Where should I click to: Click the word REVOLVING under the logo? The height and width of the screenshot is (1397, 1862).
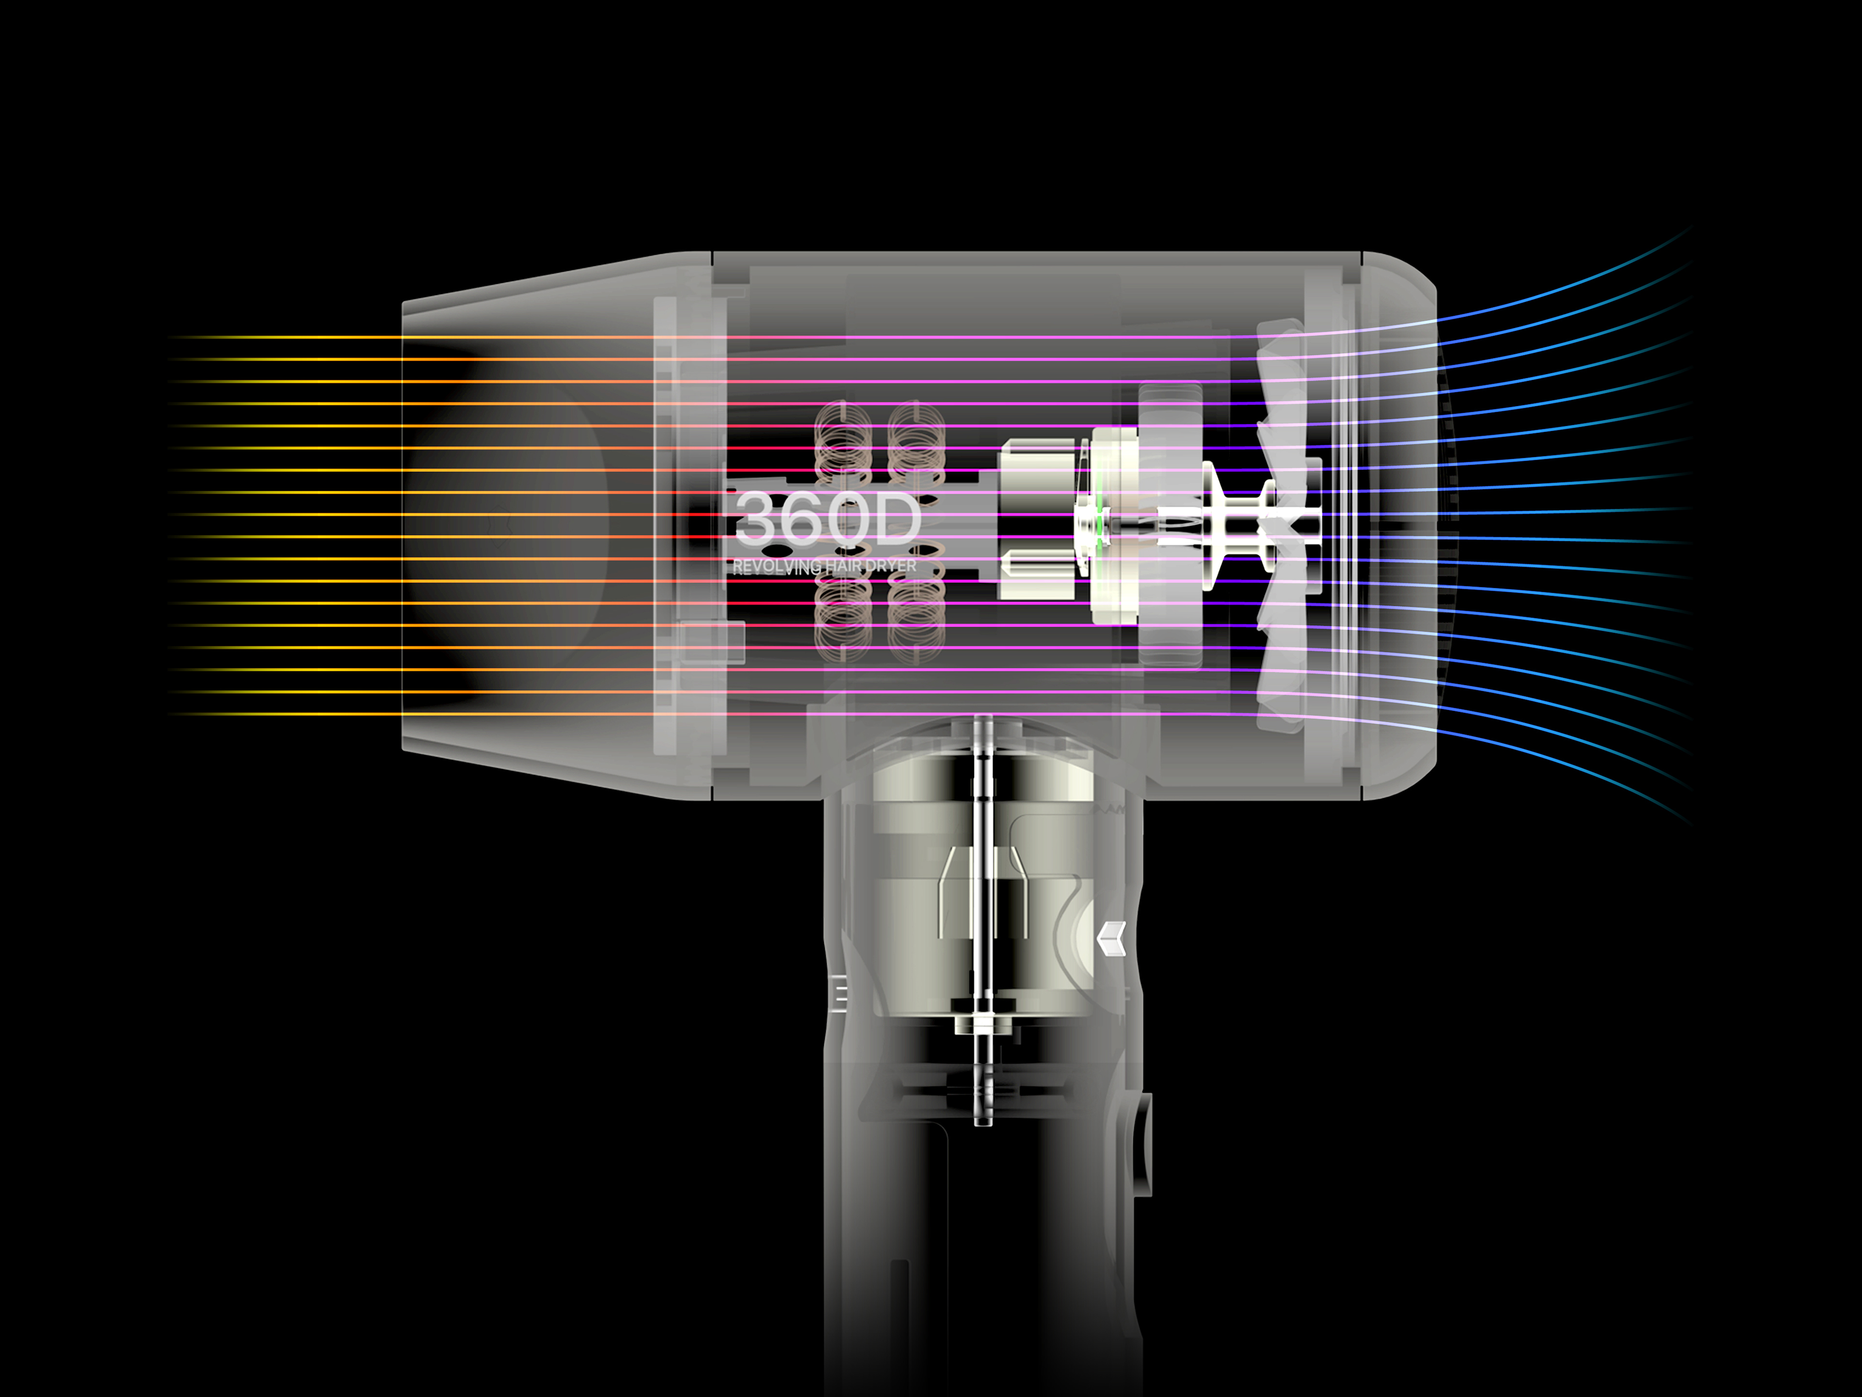[x=775, y=567]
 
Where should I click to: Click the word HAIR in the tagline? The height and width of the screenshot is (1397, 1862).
[x=843, y=566]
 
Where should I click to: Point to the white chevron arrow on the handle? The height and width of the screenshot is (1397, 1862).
[x=1111, y=938]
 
